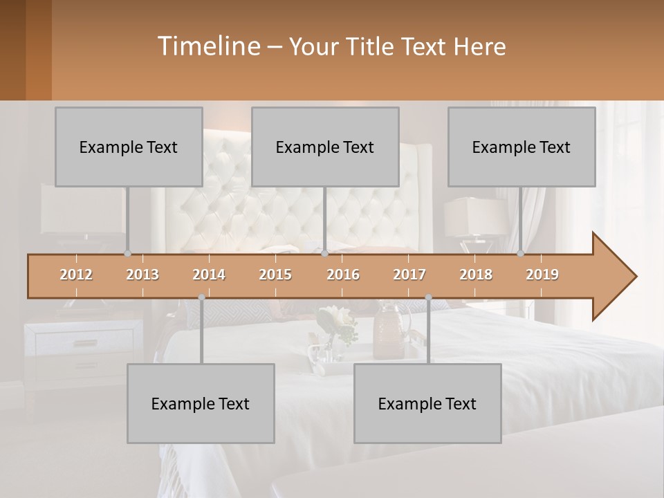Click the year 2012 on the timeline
(76, 275)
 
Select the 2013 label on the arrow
(142, 275)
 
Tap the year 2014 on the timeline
(209, 275)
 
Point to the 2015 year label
(275, 275)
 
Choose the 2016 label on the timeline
(343, 275)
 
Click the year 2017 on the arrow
(409, 275)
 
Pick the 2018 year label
(476, 275)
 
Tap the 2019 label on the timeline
(542, 275)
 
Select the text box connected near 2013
(129, 147)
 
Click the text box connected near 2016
(325, 147)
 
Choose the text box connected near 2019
(522, 147)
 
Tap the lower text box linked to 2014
(201, 403)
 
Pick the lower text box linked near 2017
(427, 403)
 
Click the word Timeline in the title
(207, 46)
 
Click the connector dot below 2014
(201, 297)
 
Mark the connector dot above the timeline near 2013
(127, 254)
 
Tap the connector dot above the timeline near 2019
(520, 254)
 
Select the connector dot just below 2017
(428, 297)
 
